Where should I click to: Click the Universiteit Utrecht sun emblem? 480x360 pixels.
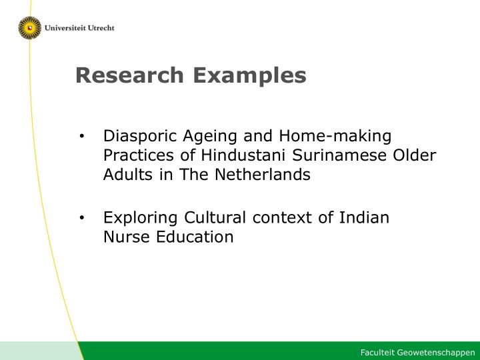pos(30,28)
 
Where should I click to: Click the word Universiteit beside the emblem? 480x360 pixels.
pos(65,28)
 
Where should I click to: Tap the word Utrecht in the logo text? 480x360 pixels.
pos(101,28)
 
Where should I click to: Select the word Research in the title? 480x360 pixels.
pos(129,75)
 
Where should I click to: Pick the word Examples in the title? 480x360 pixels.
pos(249,76)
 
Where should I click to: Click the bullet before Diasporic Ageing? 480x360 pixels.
pos(81,136)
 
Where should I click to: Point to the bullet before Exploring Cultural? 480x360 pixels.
pos(81,217)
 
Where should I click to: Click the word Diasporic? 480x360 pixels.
pos(140,136)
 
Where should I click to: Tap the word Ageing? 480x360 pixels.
pos(210,137)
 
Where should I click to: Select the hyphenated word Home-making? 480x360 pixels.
pos(335,136)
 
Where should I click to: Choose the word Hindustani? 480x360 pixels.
pos(243,155)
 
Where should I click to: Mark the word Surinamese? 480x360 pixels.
pos(339,155)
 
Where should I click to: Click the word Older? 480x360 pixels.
pos(415,155)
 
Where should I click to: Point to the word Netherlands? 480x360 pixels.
pos(263,175)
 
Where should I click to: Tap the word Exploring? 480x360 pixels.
pos(140,218)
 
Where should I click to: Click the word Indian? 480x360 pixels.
pos(364,217)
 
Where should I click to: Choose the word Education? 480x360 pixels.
pos(195,237)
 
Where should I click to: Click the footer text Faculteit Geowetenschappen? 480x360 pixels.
pos(417,353)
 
